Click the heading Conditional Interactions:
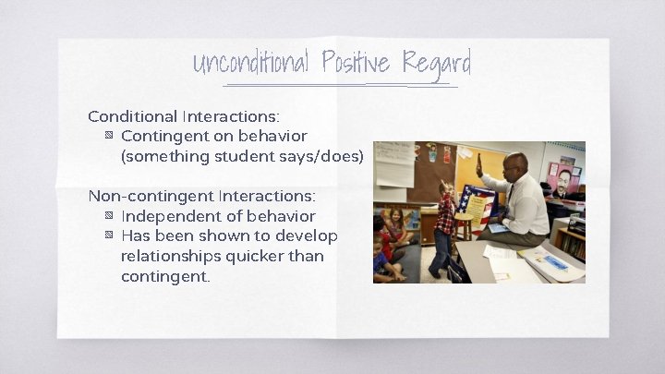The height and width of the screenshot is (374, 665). (x=184, y=116)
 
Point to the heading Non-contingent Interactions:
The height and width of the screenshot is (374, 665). (x=201, y=196)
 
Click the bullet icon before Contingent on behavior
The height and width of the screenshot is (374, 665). (x=109, y=137)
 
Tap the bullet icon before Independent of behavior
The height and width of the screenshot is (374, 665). (x=109, y=216)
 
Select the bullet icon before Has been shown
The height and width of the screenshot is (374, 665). (x=109, y=236)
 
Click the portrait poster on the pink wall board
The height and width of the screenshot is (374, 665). (x=562, y=181)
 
